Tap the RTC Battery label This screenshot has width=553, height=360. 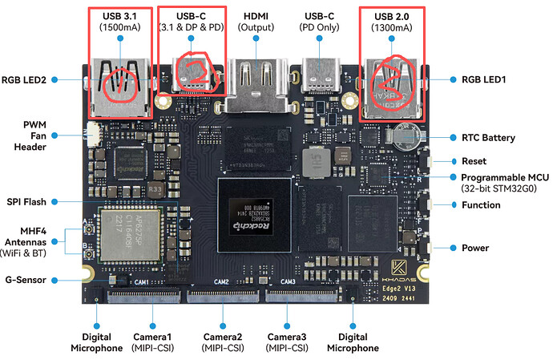[488, 138]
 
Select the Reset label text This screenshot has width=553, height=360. [474, 161]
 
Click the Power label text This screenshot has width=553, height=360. [475, 248]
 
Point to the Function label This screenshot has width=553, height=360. [481, 205]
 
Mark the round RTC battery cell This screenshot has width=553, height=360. [401, 133]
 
